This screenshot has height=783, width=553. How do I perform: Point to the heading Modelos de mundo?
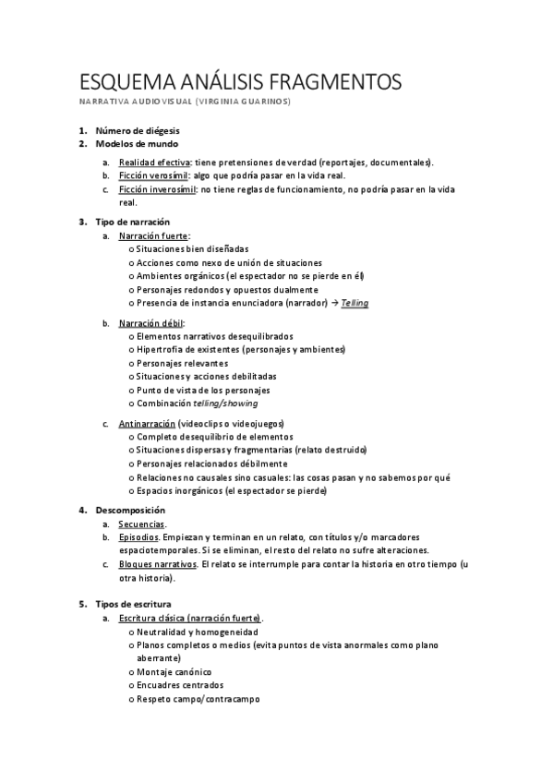137,144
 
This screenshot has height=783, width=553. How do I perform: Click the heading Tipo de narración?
133,222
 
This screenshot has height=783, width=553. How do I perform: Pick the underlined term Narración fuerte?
153,235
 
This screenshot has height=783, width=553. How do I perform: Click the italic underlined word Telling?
355,302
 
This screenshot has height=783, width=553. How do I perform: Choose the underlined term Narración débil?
150,323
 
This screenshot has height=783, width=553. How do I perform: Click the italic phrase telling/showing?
225,403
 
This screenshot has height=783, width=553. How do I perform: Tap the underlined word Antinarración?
147,423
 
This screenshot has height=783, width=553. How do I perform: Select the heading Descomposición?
130,510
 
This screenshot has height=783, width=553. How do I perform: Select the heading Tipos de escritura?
135,604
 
